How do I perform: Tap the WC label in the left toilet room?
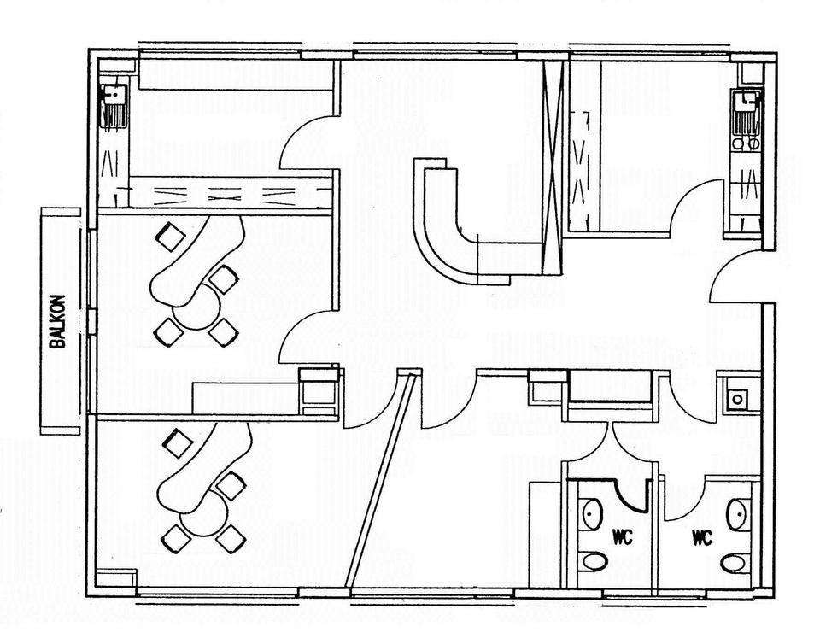(621, 537)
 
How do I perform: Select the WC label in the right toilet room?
(702, 537)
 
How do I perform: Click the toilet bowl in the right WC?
(733, 564)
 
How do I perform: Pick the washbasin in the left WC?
(592, 513)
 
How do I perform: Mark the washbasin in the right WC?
(736, 514)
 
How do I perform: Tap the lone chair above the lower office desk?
(179, 443)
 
